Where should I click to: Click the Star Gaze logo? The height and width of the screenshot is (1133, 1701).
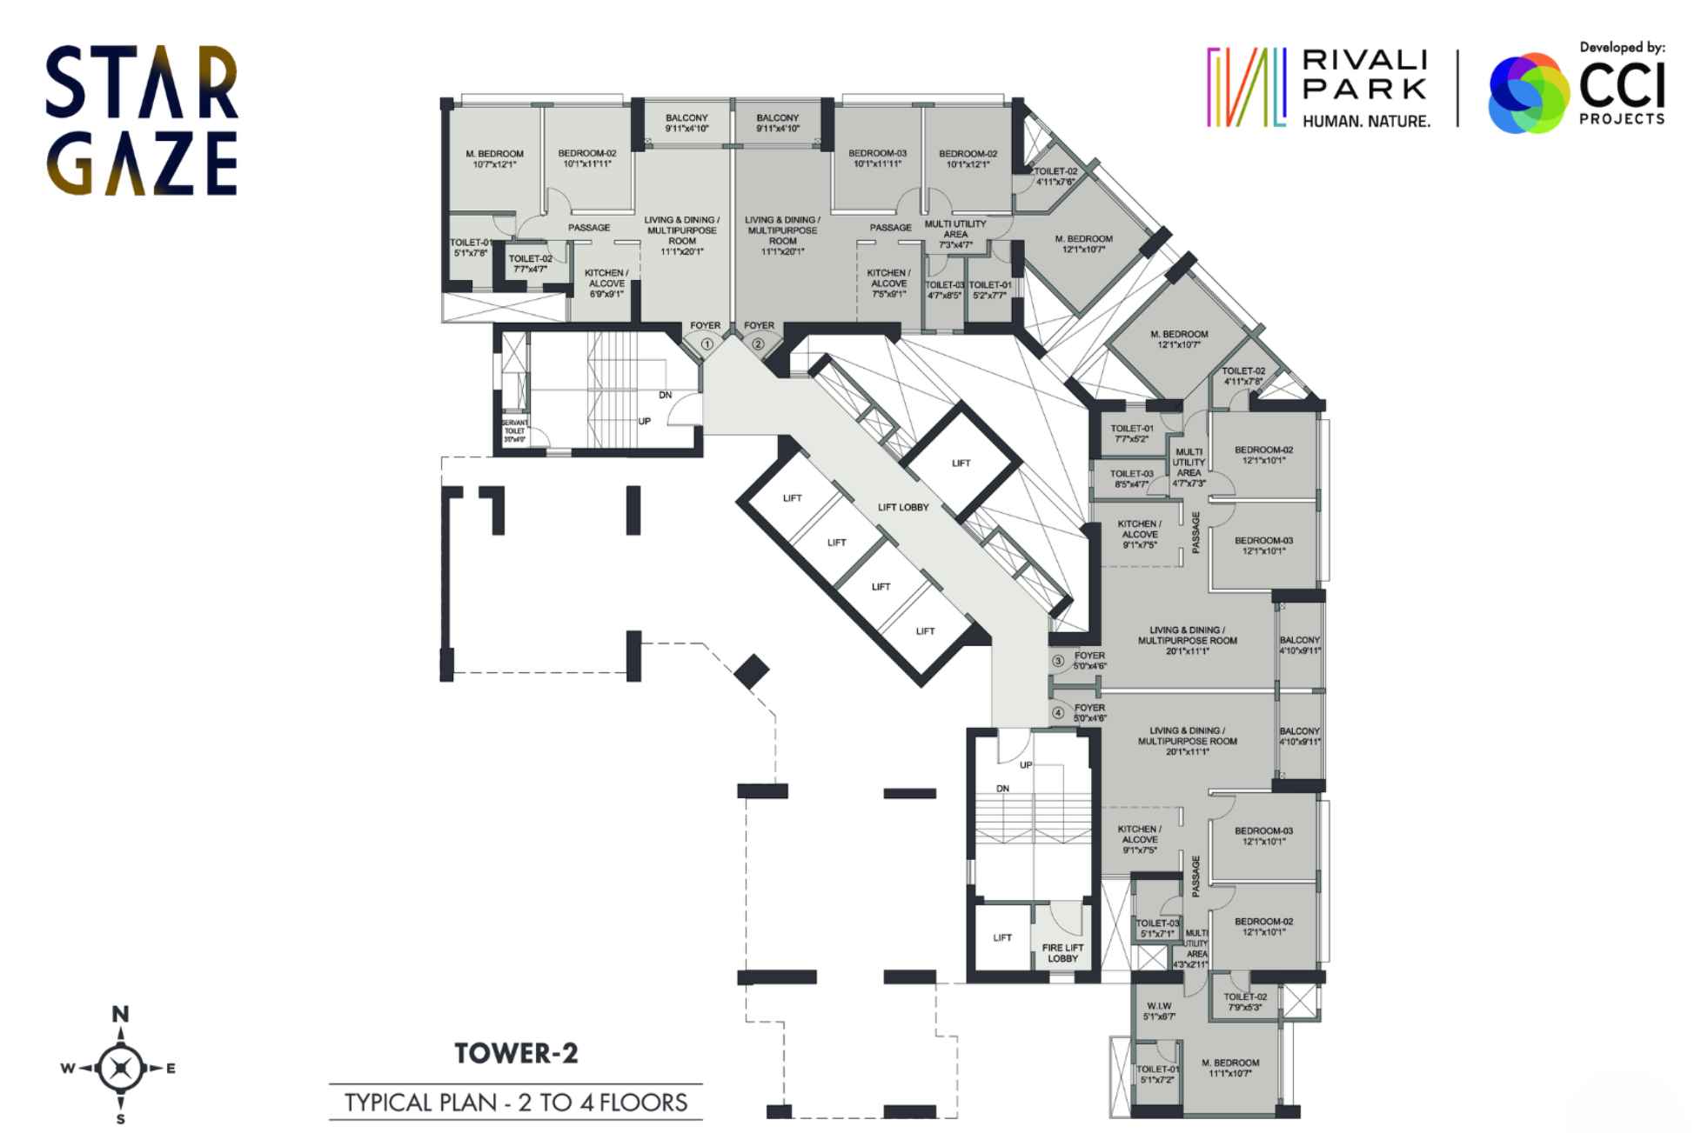click(x=142, y=120)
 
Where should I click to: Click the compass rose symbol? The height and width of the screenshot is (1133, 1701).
click(x=121, y=1069)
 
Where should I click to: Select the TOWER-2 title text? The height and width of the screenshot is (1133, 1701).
click(x=516, y=1054)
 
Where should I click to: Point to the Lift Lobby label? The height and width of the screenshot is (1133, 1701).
click(x=903, y=507)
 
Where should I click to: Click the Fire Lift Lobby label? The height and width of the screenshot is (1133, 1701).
click(x=1062, y=953)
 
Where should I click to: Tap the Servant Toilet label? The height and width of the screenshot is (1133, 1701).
click(x=514, y=431)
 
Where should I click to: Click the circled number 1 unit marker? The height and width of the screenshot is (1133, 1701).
click(x=707, y=344)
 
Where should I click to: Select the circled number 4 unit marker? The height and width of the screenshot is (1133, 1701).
click(x=1058, y=713)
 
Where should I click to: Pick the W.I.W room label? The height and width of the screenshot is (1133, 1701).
click(x=1159, y=1010)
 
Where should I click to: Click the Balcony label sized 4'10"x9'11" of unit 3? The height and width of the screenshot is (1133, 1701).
click(x=1300, y=645)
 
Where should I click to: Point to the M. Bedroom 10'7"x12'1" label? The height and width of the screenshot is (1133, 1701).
click(x=494, y=158)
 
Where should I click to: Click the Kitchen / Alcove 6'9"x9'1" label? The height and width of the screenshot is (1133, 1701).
click(x=606, y=283)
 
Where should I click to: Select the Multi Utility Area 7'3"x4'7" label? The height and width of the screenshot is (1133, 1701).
click(x=955, y=234)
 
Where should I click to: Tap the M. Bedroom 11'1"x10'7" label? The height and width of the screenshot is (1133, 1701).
click(x=1230, y=1068)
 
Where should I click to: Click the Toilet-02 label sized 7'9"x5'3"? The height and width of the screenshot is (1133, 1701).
click(x=1245, y=1002)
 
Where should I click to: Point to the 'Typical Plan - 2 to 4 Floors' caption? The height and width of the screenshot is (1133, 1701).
click(x=516, y=1103)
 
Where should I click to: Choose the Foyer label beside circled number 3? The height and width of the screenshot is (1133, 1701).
click(x=1089, y=661)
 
